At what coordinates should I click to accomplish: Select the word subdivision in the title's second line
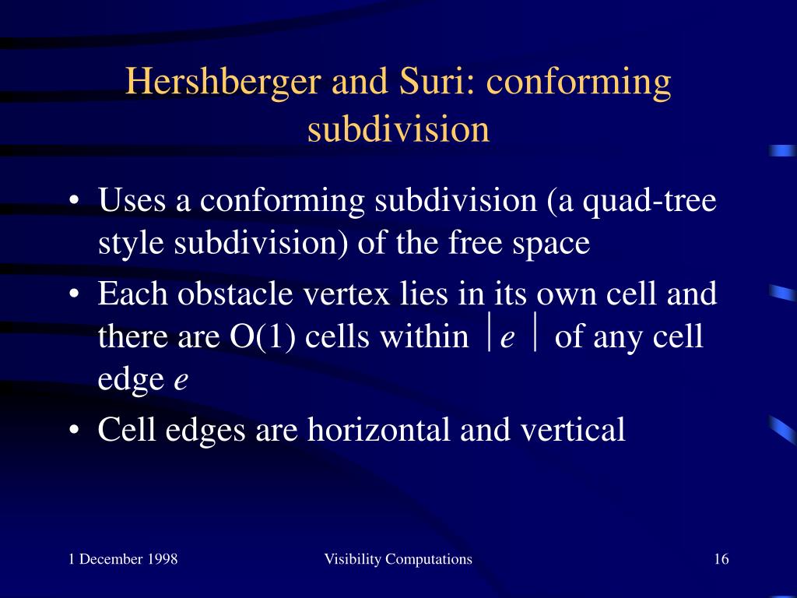click(x=398, y=128)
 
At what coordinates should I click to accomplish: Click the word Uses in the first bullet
click(x=132, y=200)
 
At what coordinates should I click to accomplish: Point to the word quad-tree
click(x=650, y=201)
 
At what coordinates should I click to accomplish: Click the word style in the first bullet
click(x=131, y=244)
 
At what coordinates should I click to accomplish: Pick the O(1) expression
click(x=262, y=336)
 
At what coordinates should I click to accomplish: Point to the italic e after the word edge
click(x=181, y=380)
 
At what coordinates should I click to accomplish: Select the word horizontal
click(x=379, y=429)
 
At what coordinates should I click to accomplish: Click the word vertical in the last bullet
click(x=573, y=429)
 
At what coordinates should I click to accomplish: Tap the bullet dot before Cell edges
click(x=74, y=430)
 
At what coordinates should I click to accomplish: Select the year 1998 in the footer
click(x=163, y=559)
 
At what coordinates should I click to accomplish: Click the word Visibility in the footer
click(x=353, y=559)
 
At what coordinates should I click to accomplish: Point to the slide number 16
click(x=722, y=559)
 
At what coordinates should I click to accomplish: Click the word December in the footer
click(x=111, y=559)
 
